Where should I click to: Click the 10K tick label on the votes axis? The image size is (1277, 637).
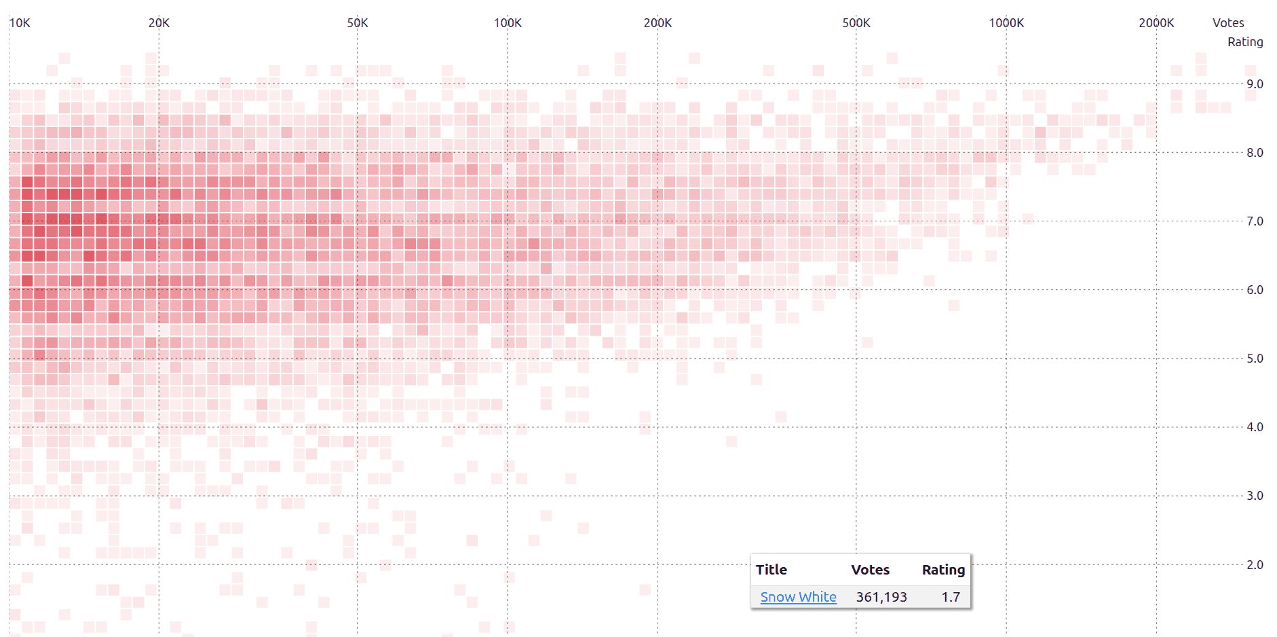(x=20, y=23)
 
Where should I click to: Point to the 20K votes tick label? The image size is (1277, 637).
(x=159, y=23)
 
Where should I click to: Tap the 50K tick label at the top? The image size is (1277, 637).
(x=358, y=23)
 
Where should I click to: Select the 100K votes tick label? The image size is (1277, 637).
(x=508, y=23)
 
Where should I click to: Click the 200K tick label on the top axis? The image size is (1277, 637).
(x=657, y=23)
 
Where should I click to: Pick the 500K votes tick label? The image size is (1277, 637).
(x=856, y=23)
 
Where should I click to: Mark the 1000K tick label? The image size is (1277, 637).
(x=1006, y=23)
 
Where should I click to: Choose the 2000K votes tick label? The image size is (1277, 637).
(x=1156, y=23)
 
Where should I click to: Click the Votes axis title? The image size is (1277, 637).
(x=1228, y=23)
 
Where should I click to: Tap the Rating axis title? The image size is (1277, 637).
(x=1245, y=42)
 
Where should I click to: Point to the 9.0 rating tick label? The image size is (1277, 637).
(x=1255, y=84)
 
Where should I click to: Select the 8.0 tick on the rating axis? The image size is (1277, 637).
(x=1255, y=153)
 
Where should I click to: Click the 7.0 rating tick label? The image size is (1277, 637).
(x=1255, y=221)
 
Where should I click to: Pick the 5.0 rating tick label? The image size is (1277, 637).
(x=1255, y=359)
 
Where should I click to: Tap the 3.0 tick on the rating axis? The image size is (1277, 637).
(x=1255, y=496)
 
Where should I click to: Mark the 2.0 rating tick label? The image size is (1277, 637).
(x=1255, y=565)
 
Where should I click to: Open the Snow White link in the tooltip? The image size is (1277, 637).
(x=798, y=597)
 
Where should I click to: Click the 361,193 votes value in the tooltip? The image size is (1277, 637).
(x=881, y=597)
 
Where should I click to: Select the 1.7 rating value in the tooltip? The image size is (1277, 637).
(x=951, y=597)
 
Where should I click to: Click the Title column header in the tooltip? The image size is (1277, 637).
(x=771, y=570)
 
